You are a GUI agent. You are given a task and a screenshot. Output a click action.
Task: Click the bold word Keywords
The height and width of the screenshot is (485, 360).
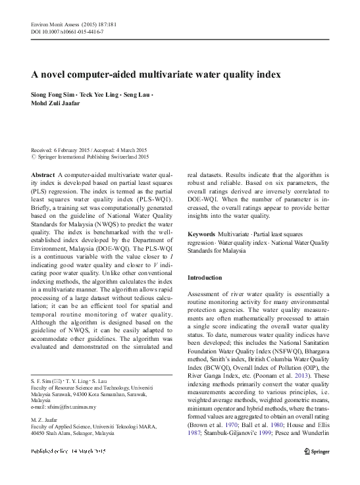201,234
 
